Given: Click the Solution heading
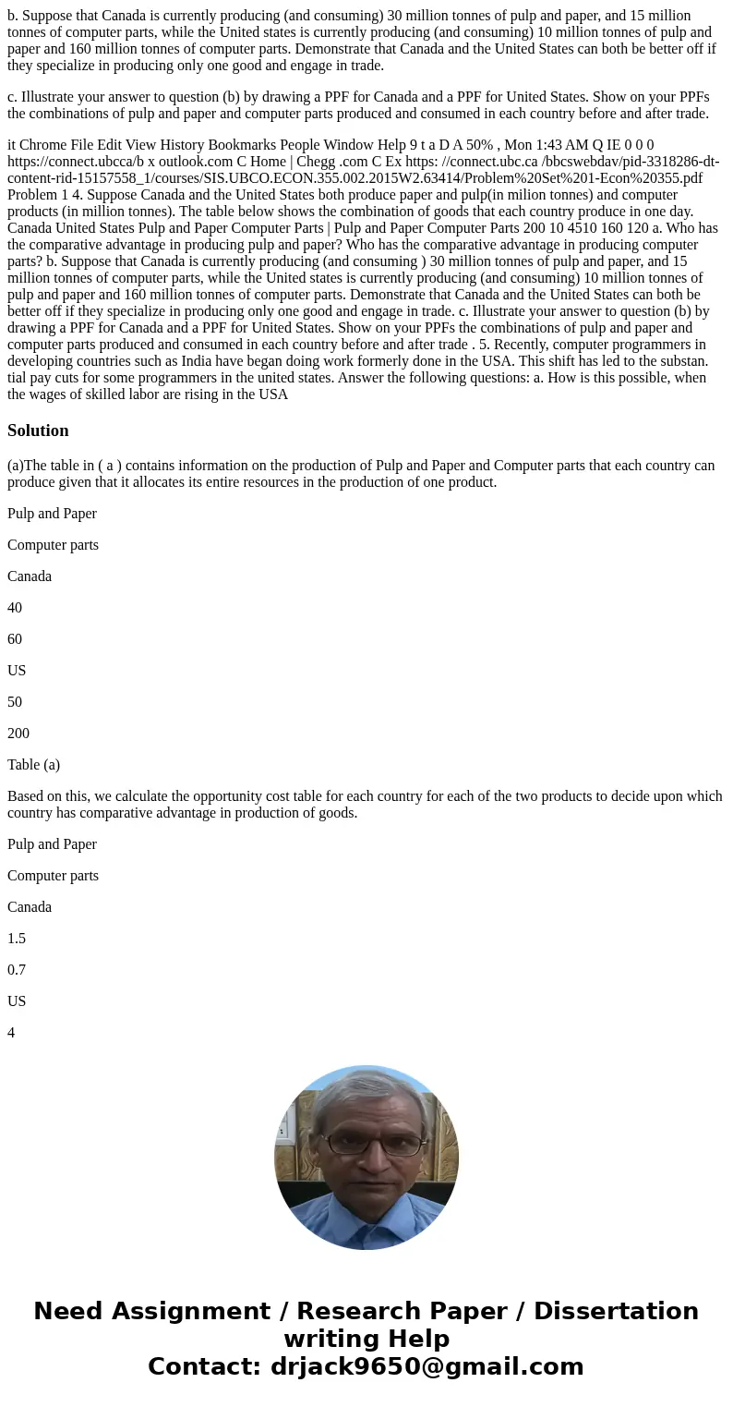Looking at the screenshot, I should pyautogui.click(x=38, y=431).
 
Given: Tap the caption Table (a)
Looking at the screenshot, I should pyautogui.click(x=33, y=765).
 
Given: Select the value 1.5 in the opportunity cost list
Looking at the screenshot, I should pyautogui.click(x=17, y=939).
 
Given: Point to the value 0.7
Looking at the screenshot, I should pyautogui.click(x=17, y=970).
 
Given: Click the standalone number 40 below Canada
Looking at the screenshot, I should pyautogui.click(x=15, y=608).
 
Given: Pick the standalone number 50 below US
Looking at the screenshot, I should pyautogui.click(x=15, y=702).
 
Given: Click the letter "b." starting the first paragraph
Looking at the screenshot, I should pyautogui.click(x=13, y=16).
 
